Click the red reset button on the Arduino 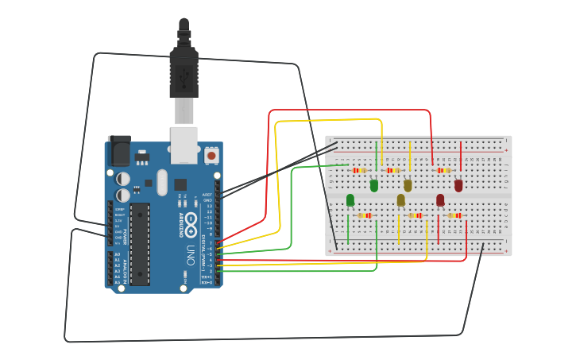click(x=211, y=156)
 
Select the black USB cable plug click(x=184, y=75)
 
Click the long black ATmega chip click(x=140, y=243)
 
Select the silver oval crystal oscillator click(x=162, y=182)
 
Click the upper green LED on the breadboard click(x=373, y=185)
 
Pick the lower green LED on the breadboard click(x=350, y=199)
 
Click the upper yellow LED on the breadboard click(x=408, y=185)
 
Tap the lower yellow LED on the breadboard click(x=400, y=199)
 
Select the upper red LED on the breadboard click(x=458, y=185)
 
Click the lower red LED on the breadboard click(x=440, y=199)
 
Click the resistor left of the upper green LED click(x=360, y=170)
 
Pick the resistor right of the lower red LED click(x=454, y=215)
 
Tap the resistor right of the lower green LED click(x=365, y=215)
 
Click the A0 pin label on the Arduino click(x=117, y=254)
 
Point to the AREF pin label click(x=207, y=194)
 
